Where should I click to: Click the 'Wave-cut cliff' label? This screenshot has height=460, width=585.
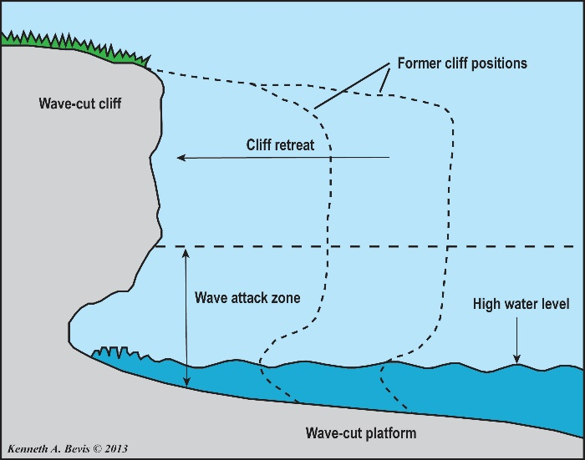point(80,104)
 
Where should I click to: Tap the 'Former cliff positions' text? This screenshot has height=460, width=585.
point(462,63)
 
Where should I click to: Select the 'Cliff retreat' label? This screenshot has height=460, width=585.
point(280,145)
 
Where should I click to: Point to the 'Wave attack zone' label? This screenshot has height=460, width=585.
point(247,298)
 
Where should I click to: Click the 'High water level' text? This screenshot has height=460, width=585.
point(521,304)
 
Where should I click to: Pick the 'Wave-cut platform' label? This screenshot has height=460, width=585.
point(361,433)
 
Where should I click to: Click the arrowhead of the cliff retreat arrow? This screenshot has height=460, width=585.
point(181,158)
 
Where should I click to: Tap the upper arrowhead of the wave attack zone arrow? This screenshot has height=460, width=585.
point(186,253)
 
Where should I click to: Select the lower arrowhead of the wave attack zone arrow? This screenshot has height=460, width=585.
point(186,382)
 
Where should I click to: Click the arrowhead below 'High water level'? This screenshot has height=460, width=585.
point(516,359)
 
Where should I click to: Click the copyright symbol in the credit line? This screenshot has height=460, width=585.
point(97,448)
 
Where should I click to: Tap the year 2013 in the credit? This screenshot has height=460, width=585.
point(116,448)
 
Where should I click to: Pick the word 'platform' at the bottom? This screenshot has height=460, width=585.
point(390,433)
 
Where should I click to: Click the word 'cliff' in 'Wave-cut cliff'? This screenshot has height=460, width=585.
point(110,104)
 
